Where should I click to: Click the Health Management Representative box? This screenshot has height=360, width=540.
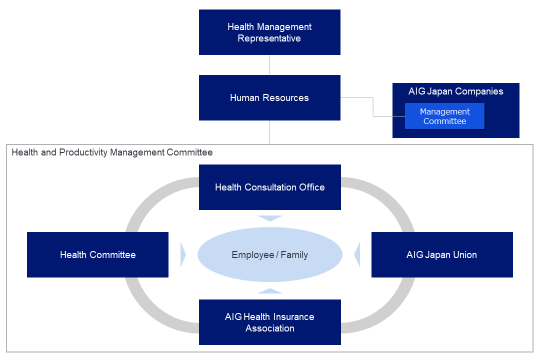point(269,32)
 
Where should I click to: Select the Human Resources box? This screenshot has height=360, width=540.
point(269,98)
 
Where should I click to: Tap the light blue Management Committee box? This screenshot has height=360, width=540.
point(444,116)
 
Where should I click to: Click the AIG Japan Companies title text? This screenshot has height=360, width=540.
point(455,91)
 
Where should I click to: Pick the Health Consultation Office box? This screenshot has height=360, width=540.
point(270,187)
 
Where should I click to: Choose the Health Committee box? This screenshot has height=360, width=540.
point(98,254)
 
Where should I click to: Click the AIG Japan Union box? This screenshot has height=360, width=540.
point(442,254)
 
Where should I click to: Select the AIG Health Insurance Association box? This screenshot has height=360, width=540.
point(270,322)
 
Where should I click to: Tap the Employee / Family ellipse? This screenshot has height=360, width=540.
point(270,254)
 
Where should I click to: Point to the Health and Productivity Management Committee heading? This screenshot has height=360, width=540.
point(112,152)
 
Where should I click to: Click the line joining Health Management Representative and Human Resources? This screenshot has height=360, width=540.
point(269,65)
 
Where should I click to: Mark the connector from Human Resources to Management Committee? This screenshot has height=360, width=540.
point(373,107)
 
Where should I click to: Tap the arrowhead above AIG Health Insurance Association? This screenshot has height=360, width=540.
point(270,291)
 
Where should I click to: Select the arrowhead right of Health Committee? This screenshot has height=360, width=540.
point(183,254)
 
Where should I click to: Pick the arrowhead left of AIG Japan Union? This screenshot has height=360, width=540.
point(357,254)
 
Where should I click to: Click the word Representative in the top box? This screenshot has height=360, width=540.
point(269,38)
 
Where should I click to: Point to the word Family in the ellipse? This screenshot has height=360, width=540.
point(294,255)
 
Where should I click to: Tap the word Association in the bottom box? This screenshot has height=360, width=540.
point(270,328)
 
